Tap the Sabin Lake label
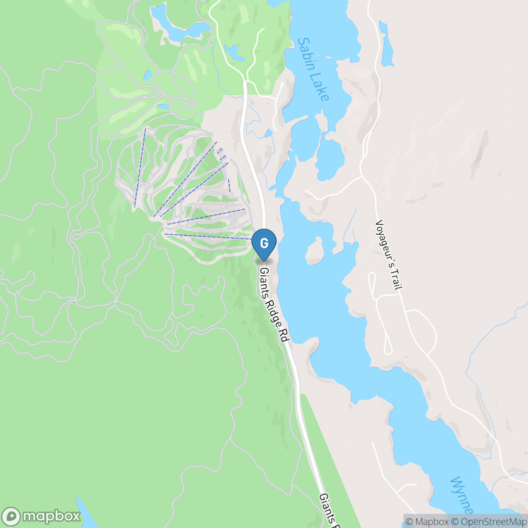tap(313, 69)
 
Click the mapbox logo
tap(41, 516)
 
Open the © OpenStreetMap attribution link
tap(490, 521)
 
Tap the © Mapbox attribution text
tap(427, 521)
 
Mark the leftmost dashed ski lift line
tap(140, 167)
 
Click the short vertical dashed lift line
tap(229, 185)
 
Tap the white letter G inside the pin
tap(264, 243)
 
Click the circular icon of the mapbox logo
tap(11, 516)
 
